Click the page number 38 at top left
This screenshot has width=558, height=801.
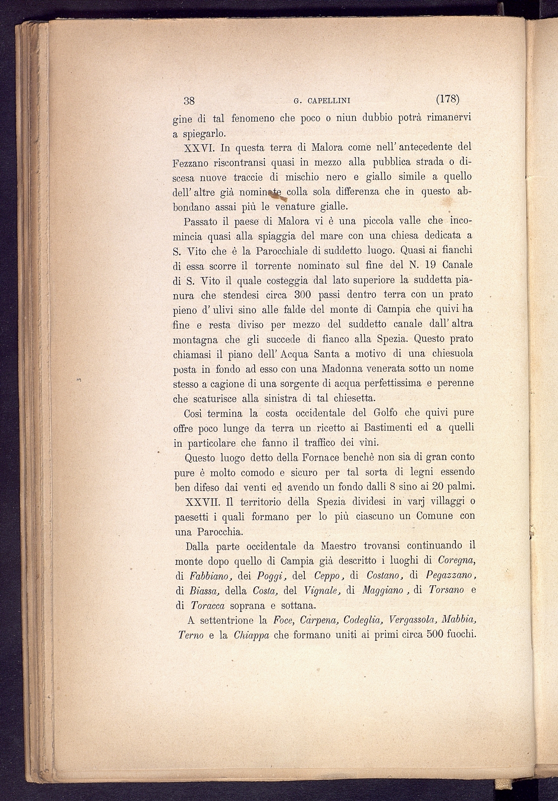189,100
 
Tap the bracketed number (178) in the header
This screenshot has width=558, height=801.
448,99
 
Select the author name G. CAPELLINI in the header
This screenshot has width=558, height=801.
322,101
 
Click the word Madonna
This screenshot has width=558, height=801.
341,369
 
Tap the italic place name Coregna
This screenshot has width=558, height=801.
457,560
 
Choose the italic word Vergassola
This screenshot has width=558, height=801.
412,620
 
